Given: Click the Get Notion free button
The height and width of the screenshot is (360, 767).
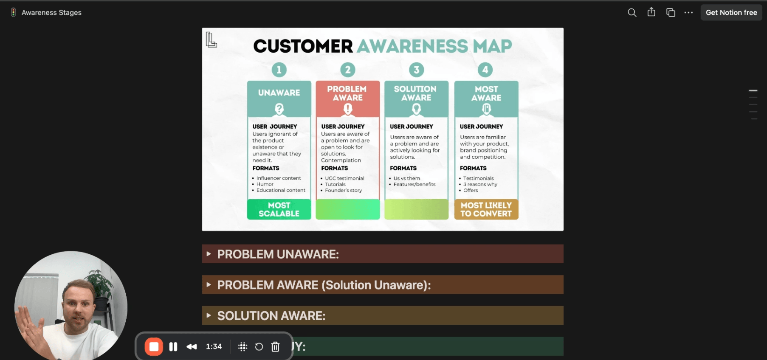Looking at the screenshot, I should pos(731,13).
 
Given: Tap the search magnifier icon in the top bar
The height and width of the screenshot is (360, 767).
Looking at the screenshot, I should pos(632,13).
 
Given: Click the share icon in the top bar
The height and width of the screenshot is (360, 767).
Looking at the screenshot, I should pos(651,12).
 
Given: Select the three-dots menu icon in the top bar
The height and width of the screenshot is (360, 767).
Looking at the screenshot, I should pos(688,13).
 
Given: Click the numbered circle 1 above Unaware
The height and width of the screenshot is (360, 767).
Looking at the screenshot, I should pos(279,70).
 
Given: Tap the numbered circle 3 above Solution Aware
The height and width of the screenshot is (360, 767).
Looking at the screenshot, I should pos(416,70).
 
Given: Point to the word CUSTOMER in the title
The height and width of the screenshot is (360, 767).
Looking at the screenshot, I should pos(303,46).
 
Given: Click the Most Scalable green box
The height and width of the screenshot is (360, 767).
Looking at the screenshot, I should pos(279,209).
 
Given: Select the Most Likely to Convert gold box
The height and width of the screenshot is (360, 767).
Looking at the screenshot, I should pos(486,209).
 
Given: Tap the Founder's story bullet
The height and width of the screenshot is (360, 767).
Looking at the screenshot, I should pos(343,191).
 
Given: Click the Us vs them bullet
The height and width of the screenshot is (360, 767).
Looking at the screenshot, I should pos(406,178).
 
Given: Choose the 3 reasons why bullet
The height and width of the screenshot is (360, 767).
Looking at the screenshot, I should pos(480,184).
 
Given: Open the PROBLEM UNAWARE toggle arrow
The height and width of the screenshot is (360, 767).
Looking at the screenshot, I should pos(209,254).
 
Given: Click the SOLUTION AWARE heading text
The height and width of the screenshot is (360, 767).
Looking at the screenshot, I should pos(271,316).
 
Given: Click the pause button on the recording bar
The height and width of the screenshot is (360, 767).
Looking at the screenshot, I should pos(173,347).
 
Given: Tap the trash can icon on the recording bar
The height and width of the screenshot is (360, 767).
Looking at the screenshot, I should pos(275,347).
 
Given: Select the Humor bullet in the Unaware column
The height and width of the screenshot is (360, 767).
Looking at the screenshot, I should pos(265,184).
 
